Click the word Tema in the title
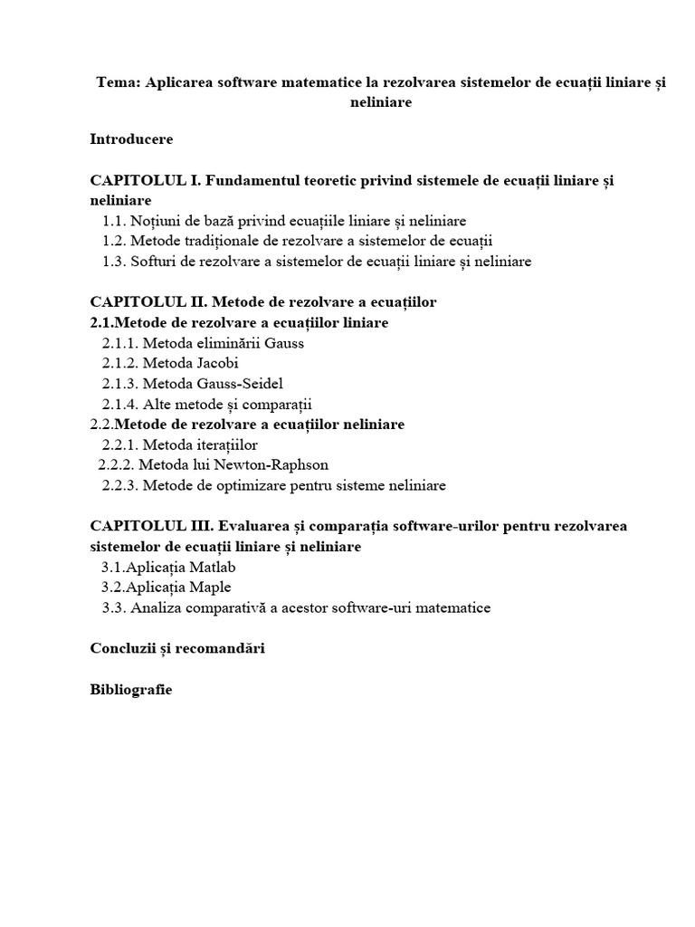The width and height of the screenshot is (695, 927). (116, 82)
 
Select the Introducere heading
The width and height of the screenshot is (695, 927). (131, 139)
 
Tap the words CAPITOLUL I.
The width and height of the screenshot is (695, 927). (146, 180)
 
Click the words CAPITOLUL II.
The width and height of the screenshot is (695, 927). (149, 301)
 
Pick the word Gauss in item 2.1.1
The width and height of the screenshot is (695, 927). (283, 343)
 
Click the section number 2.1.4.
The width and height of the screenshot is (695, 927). (120, 404)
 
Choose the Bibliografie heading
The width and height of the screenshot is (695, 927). (131, 689)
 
